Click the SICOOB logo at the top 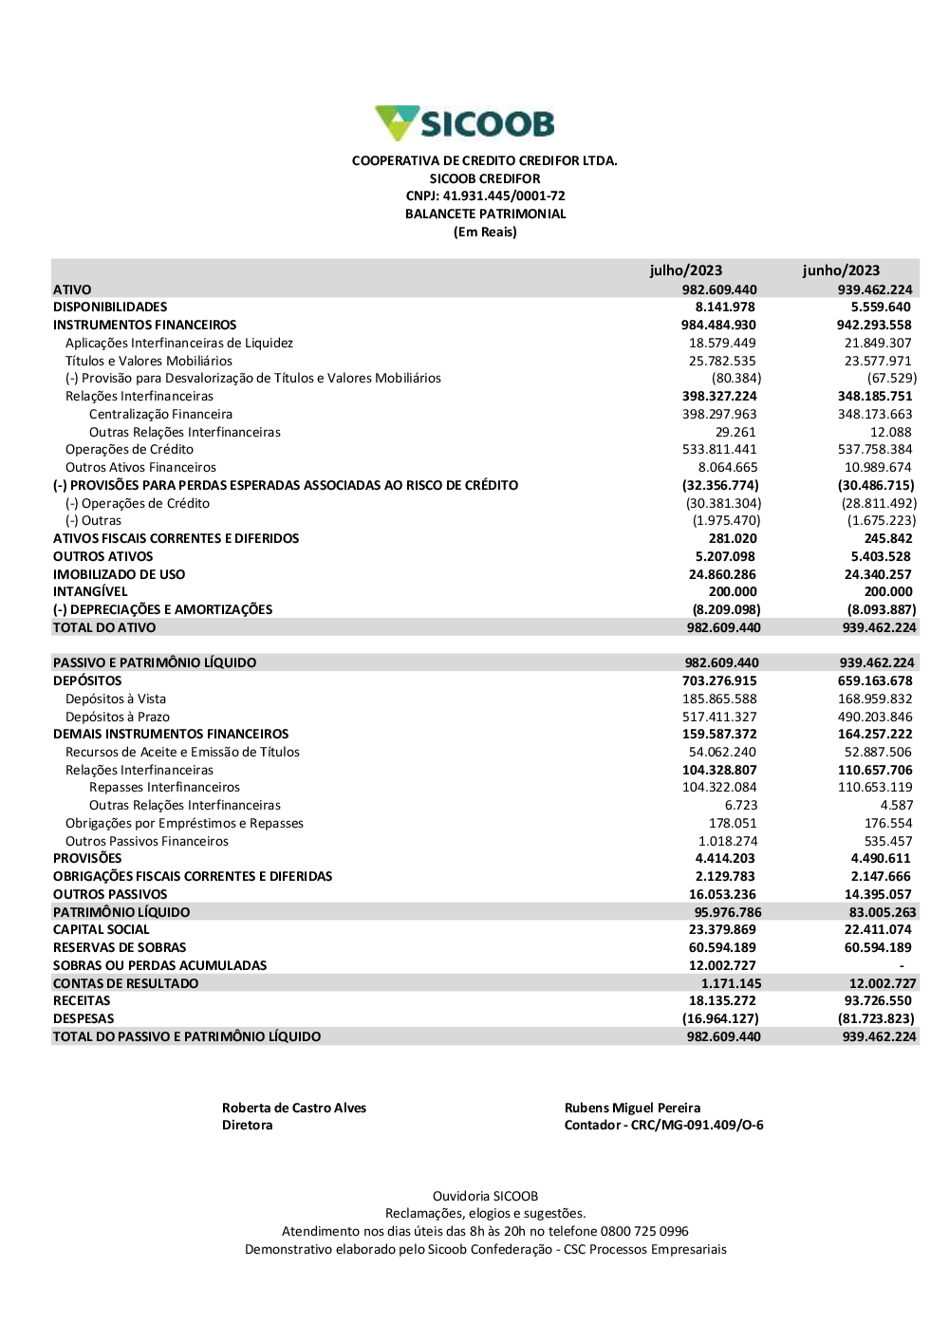[x=465, y=123]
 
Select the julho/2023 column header [x=685, y=270]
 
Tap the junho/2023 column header [x=841, y=270]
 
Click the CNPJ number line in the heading [x=485, y=196]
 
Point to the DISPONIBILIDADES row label [x=110, y=308]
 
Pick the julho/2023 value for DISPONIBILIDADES [x=725, y=308]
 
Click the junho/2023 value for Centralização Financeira [x=874, y=415]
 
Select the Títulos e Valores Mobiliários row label [x=149, y=362]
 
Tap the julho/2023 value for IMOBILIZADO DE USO [x=722, y=575]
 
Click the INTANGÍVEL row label [x=90, y=592]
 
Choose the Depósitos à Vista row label [x=116, y=699]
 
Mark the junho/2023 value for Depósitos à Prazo [x=874, y=718]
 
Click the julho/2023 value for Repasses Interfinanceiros [x=719, y=788]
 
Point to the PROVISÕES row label [x=87, y=859]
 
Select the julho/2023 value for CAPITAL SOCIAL [x=722, y=930]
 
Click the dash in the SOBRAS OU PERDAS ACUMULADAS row [x=902, y=966]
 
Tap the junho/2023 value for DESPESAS [x=876, y=1019]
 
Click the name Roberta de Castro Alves [x=294, y=1109]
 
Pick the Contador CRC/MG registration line [x=663, y=1126]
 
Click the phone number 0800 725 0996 [x=644, y=1232]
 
